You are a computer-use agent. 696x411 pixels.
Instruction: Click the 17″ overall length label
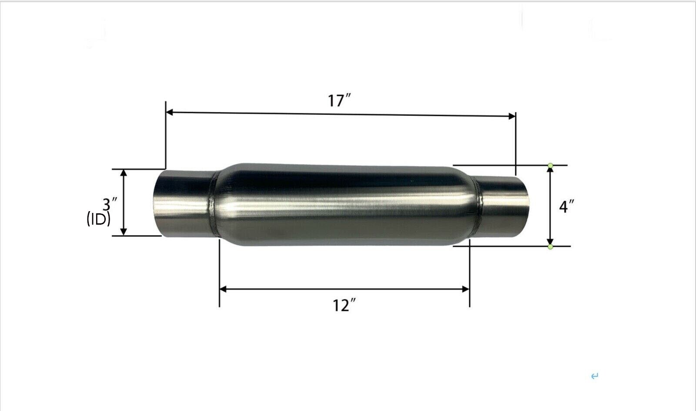[x=339, y=101]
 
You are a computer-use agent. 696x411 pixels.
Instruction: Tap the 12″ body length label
[x=342, y=306]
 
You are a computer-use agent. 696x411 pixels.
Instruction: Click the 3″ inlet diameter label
[x=110, y=204]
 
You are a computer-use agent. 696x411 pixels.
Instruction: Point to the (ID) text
[x=98, y=219]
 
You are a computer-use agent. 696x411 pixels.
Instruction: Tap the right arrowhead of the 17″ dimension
[x=512, y=116]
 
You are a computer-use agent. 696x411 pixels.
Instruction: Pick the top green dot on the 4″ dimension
[x=551, y=165]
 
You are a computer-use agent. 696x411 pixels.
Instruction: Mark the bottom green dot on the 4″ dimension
[x=551, y=247]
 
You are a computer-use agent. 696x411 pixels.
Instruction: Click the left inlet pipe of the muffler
[x=183, y=202]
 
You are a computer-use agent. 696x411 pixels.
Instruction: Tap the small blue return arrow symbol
[x=595, y=376]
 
